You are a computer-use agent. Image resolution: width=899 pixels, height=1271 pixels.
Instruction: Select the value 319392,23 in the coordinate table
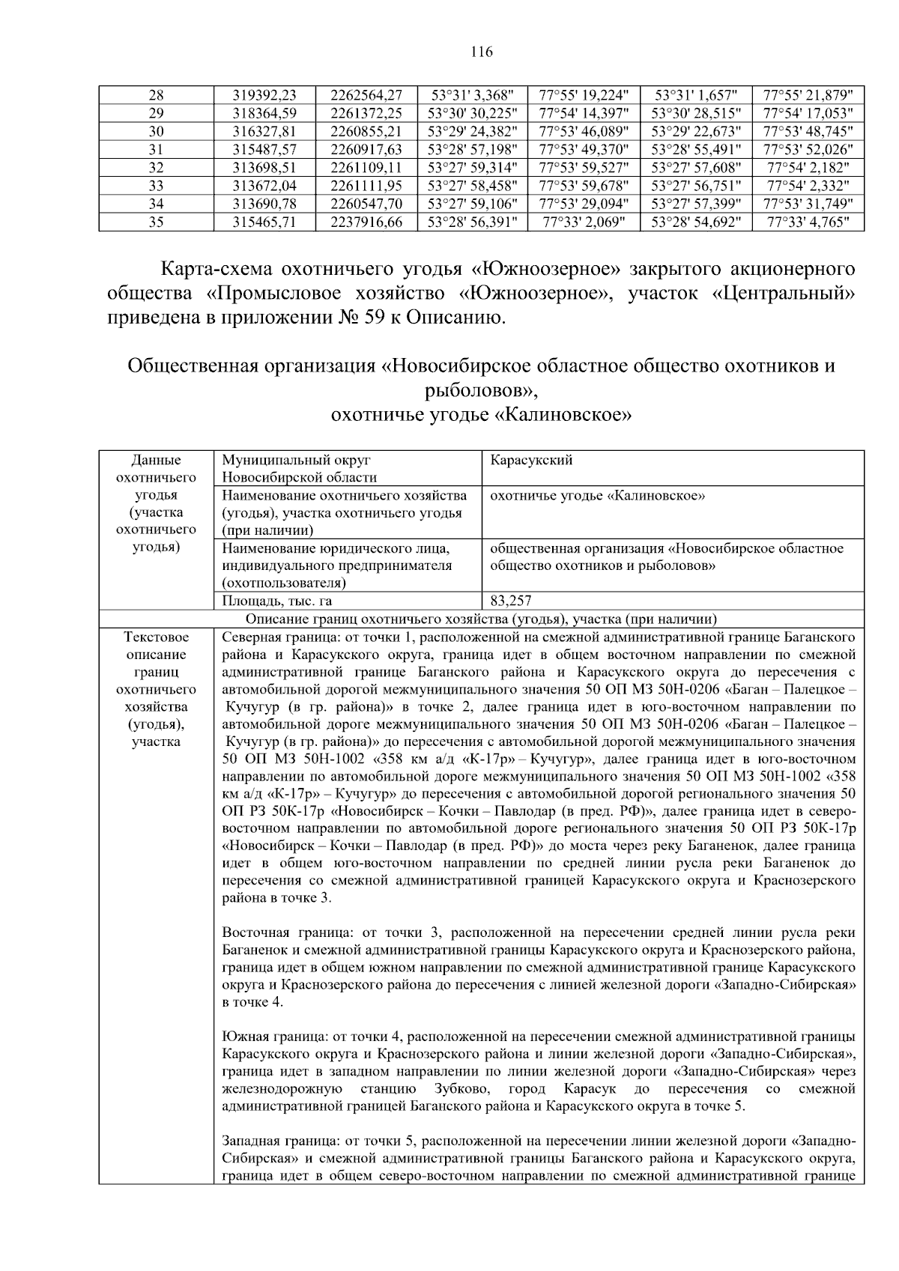pos(265,95)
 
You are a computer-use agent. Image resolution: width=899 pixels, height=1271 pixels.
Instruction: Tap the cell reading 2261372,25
pos(366,113)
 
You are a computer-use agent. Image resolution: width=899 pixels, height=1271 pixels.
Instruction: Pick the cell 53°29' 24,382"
pos(472,131)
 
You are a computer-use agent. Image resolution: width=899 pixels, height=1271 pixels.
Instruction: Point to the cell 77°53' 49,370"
pos(584,149)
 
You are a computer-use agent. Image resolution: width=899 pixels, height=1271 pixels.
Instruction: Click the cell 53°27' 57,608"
pos(696,167)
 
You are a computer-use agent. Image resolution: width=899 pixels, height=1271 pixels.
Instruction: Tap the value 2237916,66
pos(366,222)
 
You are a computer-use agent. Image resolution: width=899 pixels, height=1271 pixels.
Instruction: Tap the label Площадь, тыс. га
pos(277,601)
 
